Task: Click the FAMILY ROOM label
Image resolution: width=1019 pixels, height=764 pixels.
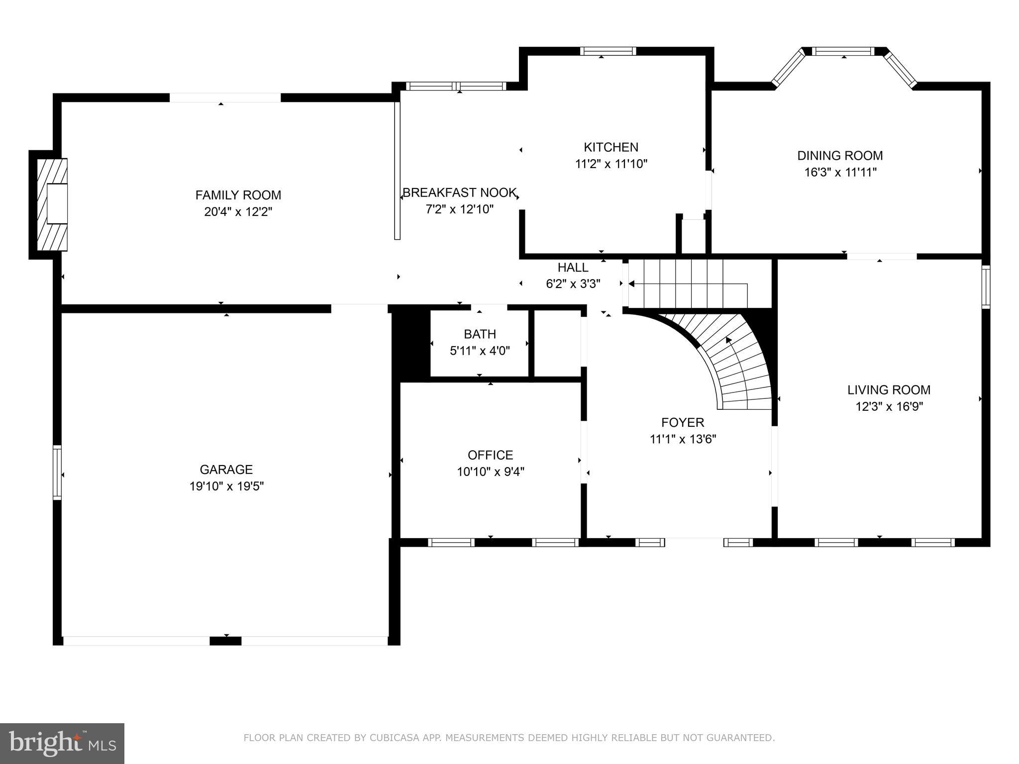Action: tap(238, 195)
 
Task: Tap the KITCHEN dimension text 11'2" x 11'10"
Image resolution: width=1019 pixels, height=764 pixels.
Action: tap(611, 164)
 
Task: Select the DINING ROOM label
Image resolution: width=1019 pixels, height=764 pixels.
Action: tap(840, 156)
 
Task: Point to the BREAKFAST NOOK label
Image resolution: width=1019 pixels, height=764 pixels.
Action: tap(459, 192)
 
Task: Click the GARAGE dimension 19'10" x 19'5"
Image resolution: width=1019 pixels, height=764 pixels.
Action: tap(226, 486)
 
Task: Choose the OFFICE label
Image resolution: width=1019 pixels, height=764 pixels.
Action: tap(490, 455)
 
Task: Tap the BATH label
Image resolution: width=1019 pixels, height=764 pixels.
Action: tap(480, 334)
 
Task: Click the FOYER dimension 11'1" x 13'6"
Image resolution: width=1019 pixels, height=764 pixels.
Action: tap(683, 439)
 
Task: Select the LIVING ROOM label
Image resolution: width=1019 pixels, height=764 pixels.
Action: tap(889, 390)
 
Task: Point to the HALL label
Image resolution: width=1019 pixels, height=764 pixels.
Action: tap(573, 268)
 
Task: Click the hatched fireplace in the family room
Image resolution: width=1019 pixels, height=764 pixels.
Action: tap(52, 204)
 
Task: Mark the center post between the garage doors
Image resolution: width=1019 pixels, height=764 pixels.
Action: tap(225, 641)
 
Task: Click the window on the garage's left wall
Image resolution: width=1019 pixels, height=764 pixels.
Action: tap(57, 473)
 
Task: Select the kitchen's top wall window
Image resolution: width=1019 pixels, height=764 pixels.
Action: tap(608, 51)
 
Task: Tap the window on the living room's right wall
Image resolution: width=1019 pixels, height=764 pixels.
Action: tap(986, 287)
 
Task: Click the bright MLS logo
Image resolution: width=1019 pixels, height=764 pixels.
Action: tap(62, 744)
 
